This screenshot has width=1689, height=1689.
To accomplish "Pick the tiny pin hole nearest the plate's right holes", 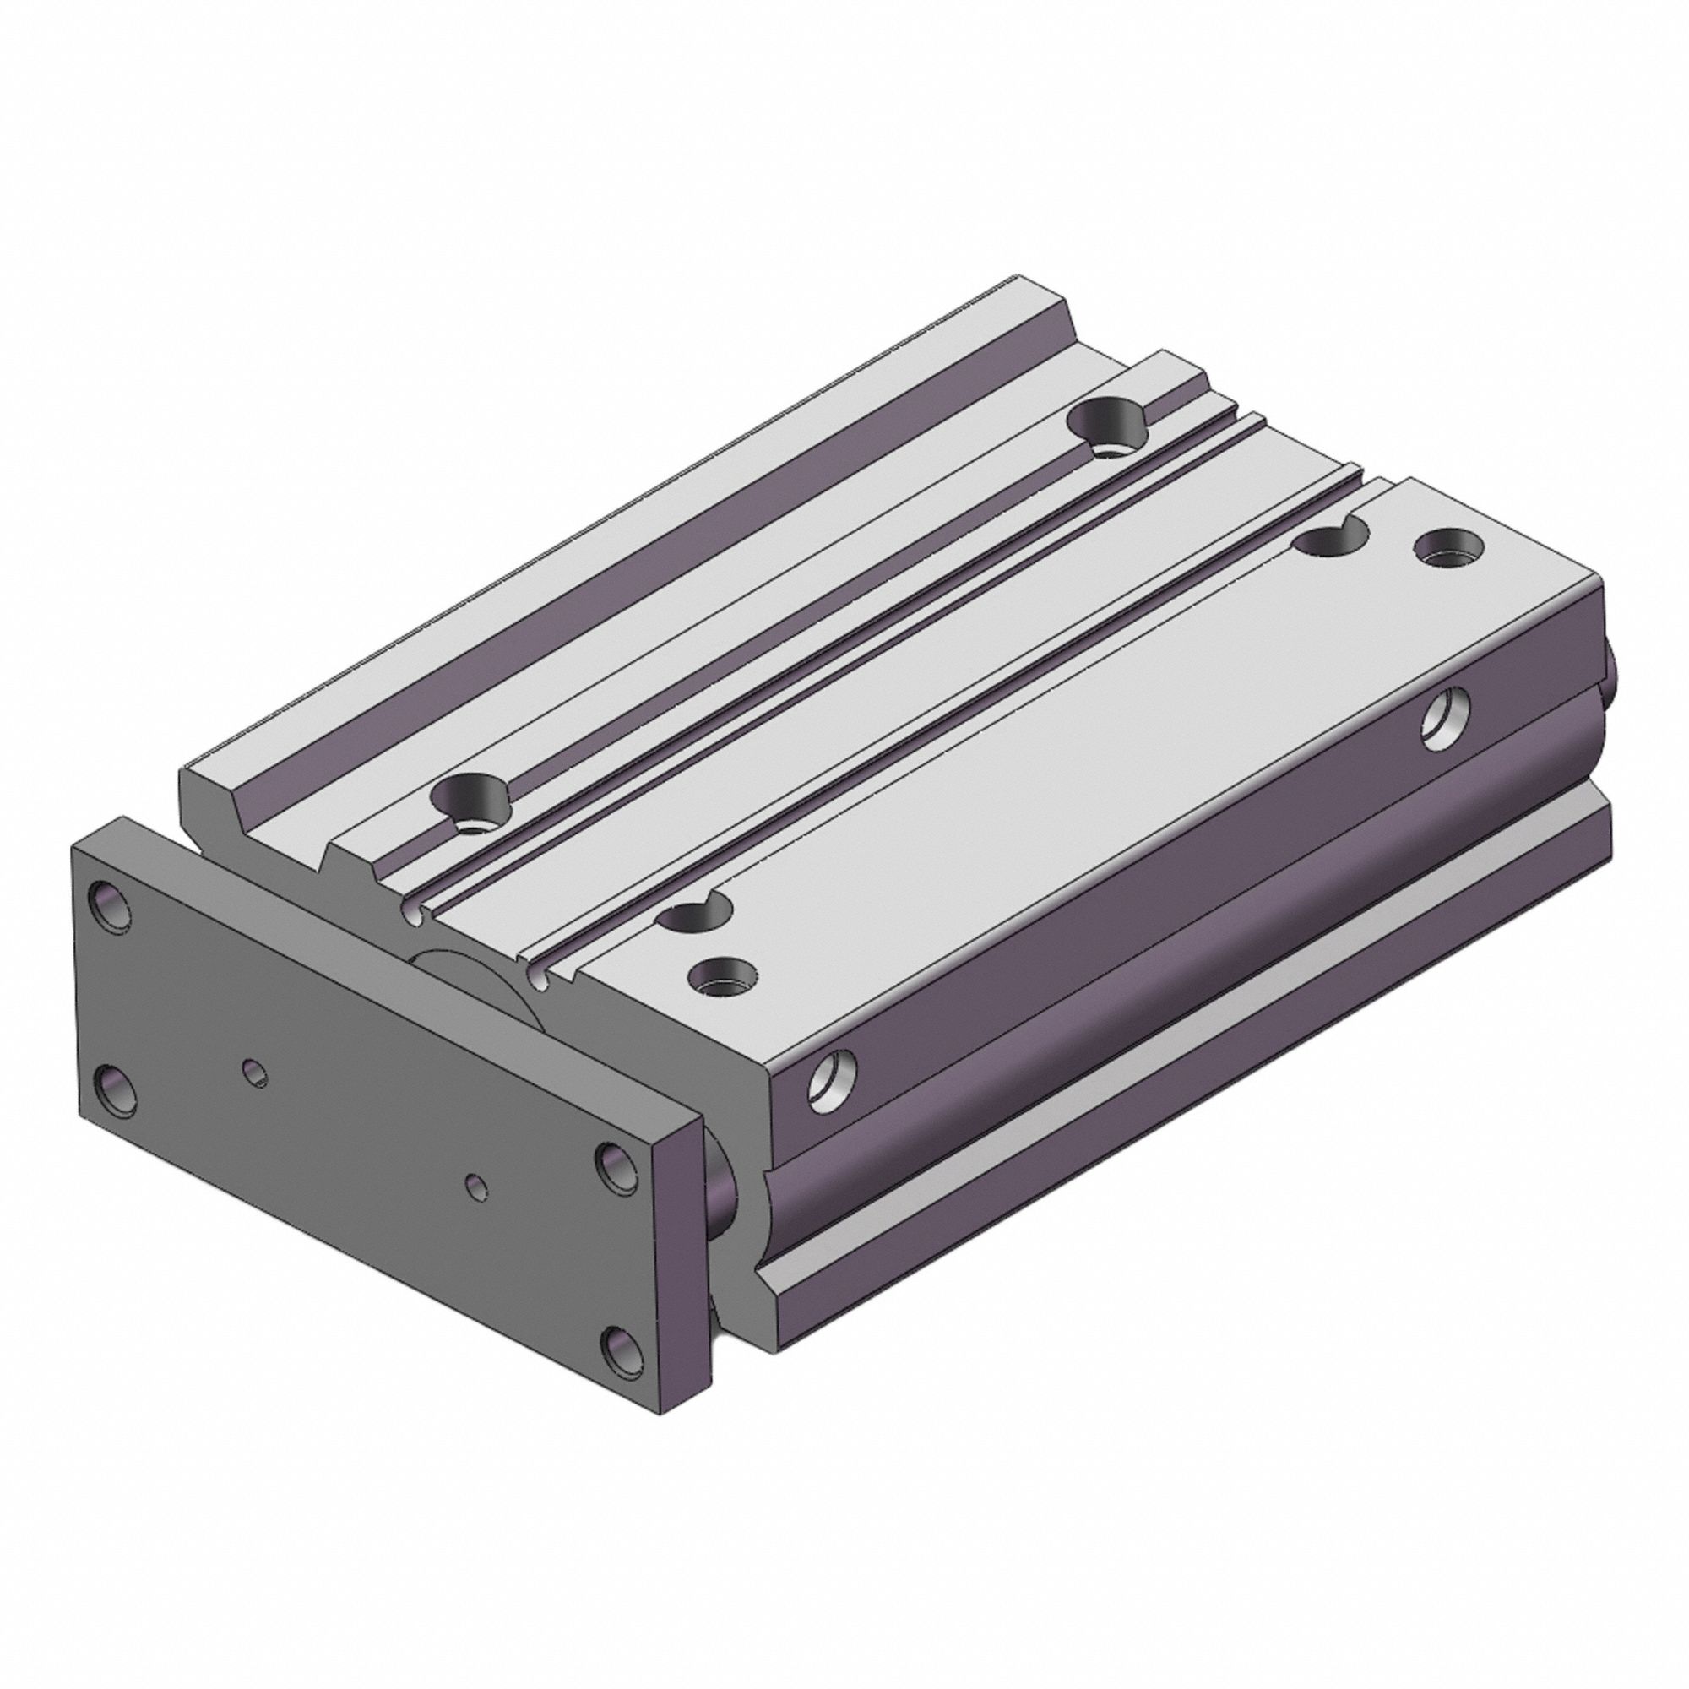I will click(x=476, y=1187).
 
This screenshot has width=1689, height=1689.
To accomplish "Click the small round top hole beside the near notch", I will click(x=723, y=975).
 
